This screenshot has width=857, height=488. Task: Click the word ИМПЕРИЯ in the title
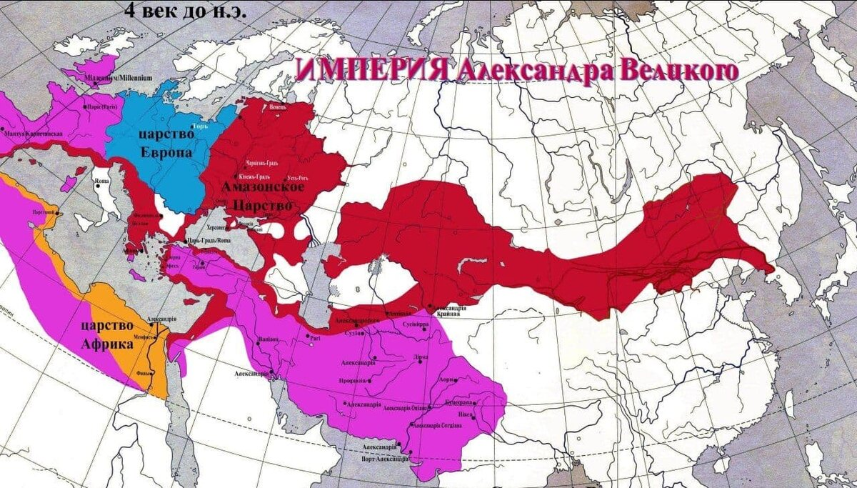click(371, 71)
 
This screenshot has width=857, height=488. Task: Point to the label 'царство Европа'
click(166, 144)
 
